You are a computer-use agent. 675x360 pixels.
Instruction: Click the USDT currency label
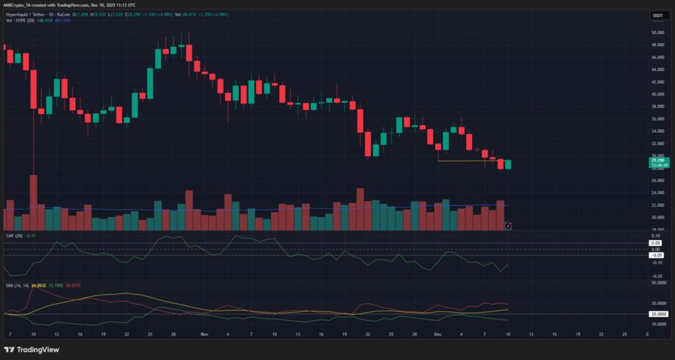click(x=657, y=15)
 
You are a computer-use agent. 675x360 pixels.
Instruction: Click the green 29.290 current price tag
click(x=658, y=160)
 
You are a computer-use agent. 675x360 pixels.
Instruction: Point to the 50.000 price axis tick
click(x=657, y=32)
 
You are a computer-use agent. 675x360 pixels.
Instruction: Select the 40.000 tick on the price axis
click(x=657, y=94)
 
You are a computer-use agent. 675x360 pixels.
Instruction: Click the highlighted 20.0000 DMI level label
click(x=657, y=314)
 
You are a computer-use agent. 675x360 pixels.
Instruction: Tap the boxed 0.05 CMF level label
click(x=657, y=243)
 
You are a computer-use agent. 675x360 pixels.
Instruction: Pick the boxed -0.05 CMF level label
click(x=657, y=255)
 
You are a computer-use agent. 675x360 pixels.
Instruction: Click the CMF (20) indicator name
click(x=13, y=235)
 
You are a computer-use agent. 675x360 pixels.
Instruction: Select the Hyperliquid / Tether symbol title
click(x=26, y=15)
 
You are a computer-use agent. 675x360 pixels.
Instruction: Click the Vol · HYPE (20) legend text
click(x=19, y=20)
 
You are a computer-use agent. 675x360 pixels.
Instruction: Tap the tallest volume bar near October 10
click(x=33, y=202)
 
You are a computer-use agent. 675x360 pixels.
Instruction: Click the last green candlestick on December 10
click(x=508, y=164)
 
